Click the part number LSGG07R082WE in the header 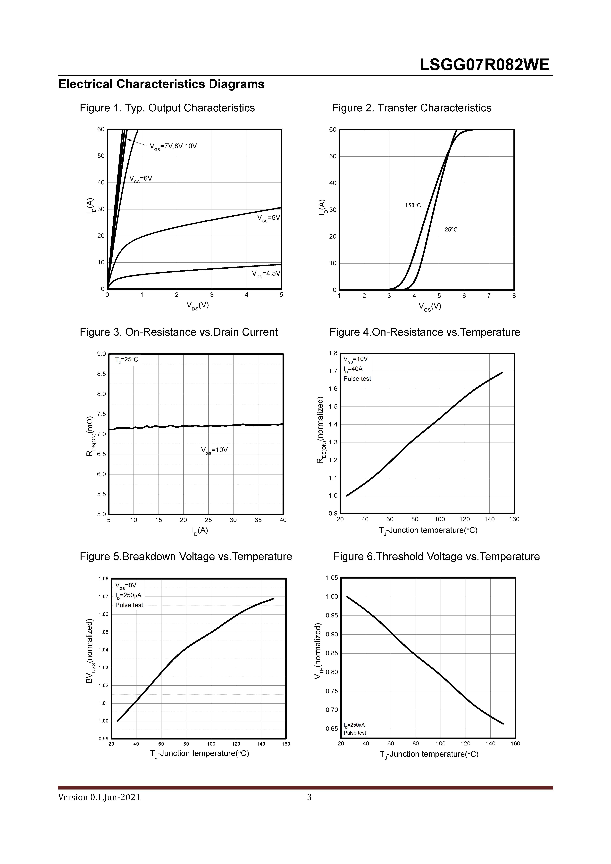coord(485,65)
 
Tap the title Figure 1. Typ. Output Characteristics coord(167,108)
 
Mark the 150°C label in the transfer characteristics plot coord(413,205)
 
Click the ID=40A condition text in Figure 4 coord(353,369)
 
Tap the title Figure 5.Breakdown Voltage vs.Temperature coord(186,557)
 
